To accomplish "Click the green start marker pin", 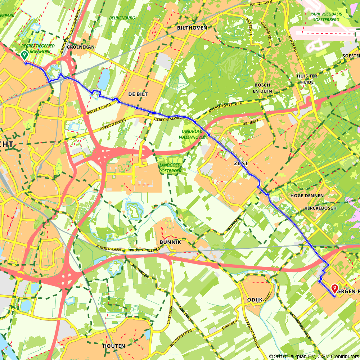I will [x=24, y=55].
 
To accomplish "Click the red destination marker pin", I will [x=334, y=288].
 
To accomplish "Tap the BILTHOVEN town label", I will [x=192, y=28].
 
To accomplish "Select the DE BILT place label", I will [x=138, y=94].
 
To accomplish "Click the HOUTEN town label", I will [x=114, y=346].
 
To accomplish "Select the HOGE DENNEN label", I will [x=307, y=196].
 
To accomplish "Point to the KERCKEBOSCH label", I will [x=320, y=208].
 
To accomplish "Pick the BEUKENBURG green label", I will [x=122, y=18].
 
